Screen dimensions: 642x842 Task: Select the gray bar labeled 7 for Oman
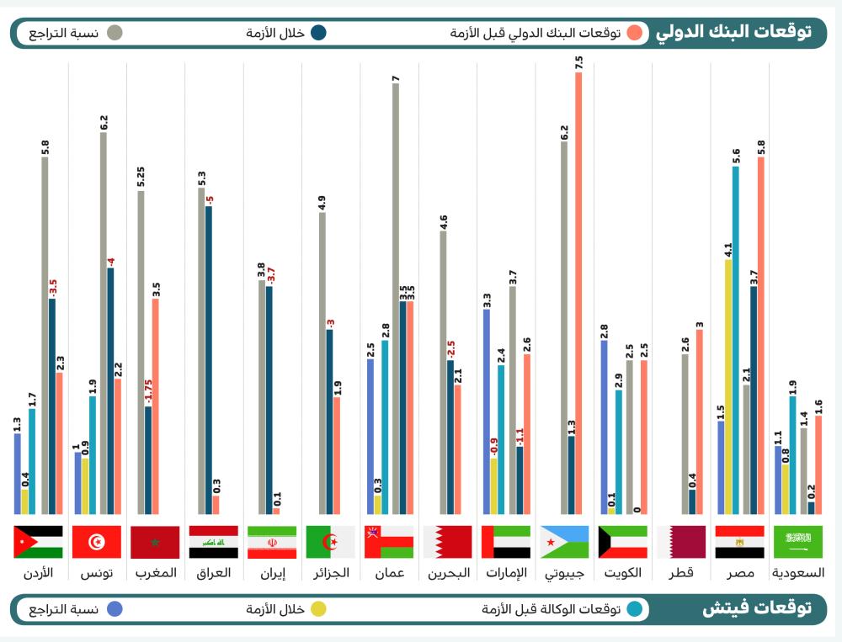(396, 298)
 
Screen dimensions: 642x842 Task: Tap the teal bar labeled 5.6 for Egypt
(735, 340)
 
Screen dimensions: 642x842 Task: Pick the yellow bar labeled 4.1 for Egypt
(727, 386)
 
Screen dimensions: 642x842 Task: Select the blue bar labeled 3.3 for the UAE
(487, 411)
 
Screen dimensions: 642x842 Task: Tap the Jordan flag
(38, 542)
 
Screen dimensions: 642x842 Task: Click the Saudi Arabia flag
(798, 542)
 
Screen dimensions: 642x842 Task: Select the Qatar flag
(681, 542)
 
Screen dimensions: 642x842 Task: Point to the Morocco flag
(155, 542)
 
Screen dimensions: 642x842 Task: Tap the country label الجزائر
(330, 573)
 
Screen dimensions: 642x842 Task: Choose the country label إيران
(272, 573)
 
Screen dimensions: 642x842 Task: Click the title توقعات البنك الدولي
(733, 32)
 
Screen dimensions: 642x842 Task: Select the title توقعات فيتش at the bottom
(757, 608)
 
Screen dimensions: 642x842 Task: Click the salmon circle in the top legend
(636, 33)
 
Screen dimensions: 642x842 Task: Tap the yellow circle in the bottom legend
(320, 608)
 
